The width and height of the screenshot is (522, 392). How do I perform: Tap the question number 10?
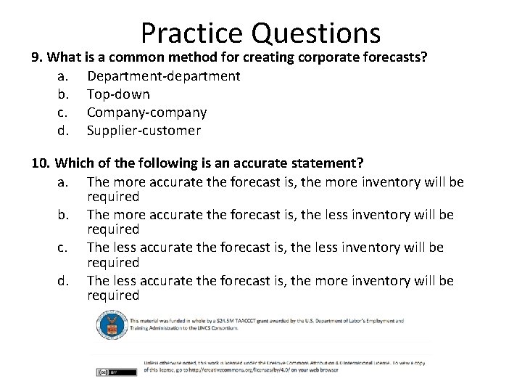(x=40, y=163)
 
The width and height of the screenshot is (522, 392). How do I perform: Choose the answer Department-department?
(x=163, y=75)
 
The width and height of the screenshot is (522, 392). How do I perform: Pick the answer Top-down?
(x=118, y=94)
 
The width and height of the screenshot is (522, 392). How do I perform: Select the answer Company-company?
(x=146, y=113)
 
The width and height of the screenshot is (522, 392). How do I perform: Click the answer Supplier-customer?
(x=144, y=131)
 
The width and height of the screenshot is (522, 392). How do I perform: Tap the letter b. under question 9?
(x=63, y=94)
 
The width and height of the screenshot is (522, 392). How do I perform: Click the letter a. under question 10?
(x=63, y=181)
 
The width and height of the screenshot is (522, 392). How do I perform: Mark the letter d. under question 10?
(x=63, y=280)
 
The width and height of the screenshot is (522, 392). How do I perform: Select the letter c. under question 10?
(x=63, y=248)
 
